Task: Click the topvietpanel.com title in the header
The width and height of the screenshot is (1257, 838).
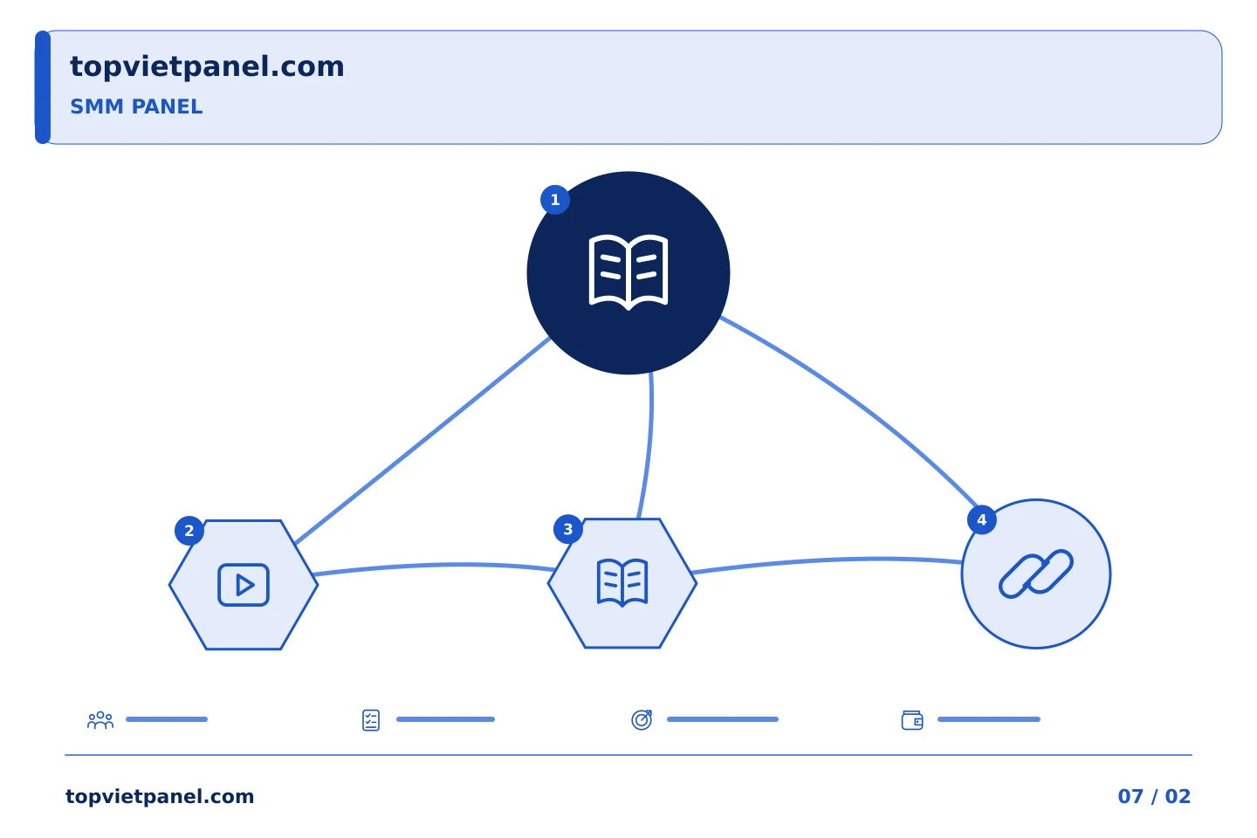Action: pos(207,67)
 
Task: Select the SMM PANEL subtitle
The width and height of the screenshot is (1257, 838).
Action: pos(136,106)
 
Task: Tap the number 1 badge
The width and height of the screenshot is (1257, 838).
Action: pos(555,200)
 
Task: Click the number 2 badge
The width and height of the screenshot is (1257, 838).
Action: pos(189,531)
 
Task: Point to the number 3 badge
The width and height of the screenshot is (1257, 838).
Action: pos(568,529)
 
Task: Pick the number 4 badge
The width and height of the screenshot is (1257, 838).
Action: pos(981,519)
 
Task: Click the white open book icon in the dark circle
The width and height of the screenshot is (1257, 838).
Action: pos(628,272)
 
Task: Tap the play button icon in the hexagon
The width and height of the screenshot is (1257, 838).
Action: pos(244,585)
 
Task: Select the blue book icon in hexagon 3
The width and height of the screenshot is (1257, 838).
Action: pos(622,582)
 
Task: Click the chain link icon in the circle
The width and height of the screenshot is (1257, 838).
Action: pos(1036,574)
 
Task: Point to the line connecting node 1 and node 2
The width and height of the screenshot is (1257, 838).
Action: pos(422,441)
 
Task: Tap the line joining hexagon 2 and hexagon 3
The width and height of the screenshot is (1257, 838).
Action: pos(435,566)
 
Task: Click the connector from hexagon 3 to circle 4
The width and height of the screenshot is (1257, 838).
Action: pos(828,560)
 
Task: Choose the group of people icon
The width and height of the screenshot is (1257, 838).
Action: pos(100,719)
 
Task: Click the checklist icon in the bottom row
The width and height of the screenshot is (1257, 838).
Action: pos(371,720)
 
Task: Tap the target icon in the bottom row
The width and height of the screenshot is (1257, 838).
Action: pos(642,719)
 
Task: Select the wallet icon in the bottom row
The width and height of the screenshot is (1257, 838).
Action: pos(912,720)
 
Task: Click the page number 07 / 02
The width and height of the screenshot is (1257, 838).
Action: pos(1154,796)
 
